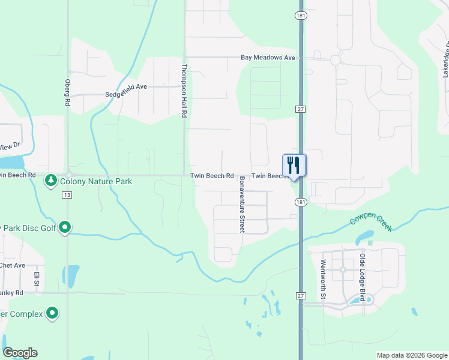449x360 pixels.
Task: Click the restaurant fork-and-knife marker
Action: (x=294, y=165)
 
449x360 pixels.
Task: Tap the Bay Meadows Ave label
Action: (x=268, y=58)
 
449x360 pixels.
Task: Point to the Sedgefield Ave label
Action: (x=126, y=86)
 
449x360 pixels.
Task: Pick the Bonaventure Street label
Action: (x=242, y=205)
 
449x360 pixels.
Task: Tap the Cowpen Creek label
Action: (x=371, y=224)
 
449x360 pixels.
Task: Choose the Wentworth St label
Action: (x=323, y=279)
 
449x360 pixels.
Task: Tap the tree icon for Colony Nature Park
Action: (x=52, y=180)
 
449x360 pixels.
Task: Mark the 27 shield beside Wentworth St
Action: (x=301, y=296)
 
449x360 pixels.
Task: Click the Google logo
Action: (x=20, y=353)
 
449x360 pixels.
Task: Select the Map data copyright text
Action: (x=411, y=355)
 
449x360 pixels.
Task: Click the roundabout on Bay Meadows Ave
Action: (x=335, y=60)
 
